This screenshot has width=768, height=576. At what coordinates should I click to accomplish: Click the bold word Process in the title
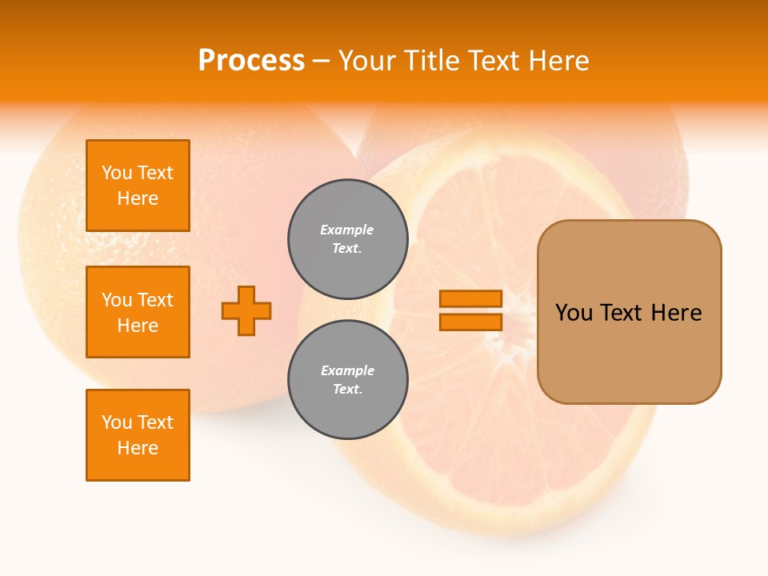coord(251,61)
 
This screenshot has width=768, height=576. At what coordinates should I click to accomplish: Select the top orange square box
coord(138,186)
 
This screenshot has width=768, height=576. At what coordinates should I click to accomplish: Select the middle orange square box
coord(138,312)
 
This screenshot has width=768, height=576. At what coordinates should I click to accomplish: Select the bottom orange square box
coord(138,435)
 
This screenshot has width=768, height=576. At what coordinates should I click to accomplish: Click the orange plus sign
coord(246,310)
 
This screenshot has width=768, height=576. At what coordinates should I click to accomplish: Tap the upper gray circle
coord(347,238)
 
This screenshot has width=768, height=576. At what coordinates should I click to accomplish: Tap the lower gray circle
coord(347,379)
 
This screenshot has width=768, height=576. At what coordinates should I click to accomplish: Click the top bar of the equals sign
coord(470,298)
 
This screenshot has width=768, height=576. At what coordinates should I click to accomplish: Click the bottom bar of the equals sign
coord(470,322)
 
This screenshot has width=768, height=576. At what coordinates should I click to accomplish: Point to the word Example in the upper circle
coord(347,230)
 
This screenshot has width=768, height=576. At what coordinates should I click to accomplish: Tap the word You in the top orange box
coord(116,173)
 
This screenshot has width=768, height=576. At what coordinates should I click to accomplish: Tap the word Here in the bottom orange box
coord(138,448)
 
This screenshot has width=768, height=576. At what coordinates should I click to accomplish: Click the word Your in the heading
coord(369,61)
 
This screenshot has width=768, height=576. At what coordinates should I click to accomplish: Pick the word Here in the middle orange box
coord(138,326)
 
